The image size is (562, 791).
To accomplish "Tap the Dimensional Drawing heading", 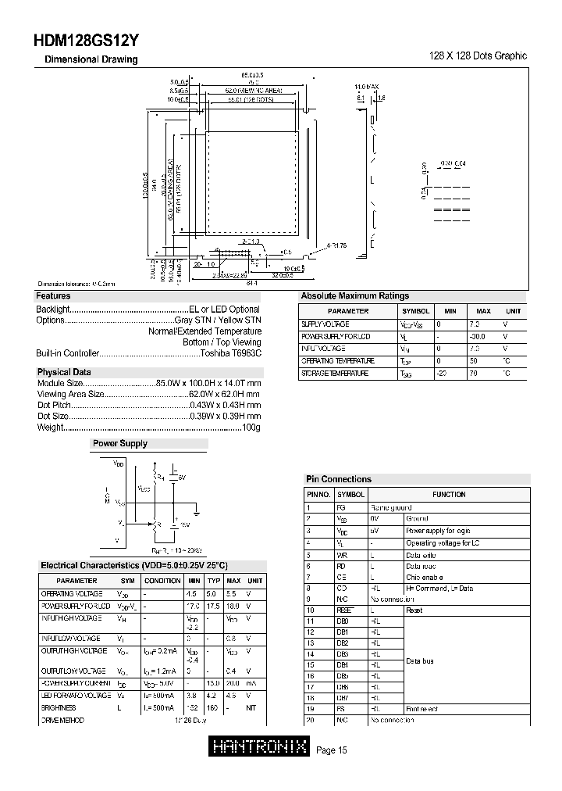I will [91, 59].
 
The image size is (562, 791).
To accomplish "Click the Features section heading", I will [53, 296].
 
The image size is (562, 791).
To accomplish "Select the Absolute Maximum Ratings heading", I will [354, 296].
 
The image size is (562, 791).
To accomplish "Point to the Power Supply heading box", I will [120, 443].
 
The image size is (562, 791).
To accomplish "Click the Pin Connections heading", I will [338, 479].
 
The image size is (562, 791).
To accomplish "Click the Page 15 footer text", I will [332, 751].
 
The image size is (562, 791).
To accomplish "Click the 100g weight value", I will [251, 428].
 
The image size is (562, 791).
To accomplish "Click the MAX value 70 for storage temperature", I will [473, 374].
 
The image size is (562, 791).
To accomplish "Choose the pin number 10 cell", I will [311, 610].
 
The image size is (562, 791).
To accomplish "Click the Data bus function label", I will [420, 661].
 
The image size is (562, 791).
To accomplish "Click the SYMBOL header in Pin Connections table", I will [350, 494].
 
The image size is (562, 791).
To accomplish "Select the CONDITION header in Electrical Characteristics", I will [162, 581].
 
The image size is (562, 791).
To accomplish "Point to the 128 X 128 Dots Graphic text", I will [478, 56].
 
